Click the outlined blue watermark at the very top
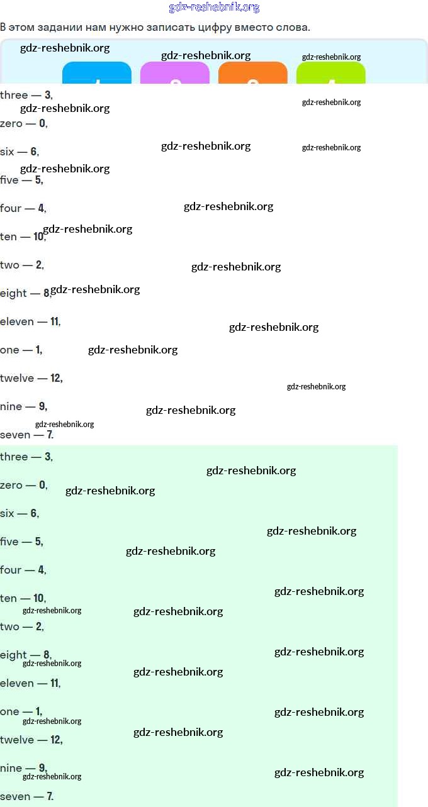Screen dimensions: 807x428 point(214,8)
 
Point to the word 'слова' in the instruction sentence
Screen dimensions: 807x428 point(292,27)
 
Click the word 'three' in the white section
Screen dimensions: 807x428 point(14,95)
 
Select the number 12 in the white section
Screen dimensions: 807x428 point(56,378)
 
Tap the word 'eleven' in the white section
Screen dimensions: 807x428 point(17,321)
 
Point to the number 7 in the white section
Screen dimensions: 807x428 point(50,435)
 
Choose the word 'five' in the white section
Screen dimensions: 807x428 point(9,180)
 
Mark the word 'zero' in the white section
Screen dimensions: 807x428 point(11,123)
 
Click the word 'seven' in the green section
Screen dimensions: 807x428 point(15,796)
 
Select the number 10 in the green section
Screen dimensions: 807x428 point(39,598)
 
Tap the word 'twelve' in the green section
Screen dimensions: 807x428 point(17,740)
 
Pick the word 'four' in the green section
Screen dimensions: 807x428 point(11,570)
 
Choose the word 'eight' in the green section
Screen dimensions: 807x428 point(13,655)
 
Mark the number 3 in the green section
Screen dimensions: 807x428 point(48,457)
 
